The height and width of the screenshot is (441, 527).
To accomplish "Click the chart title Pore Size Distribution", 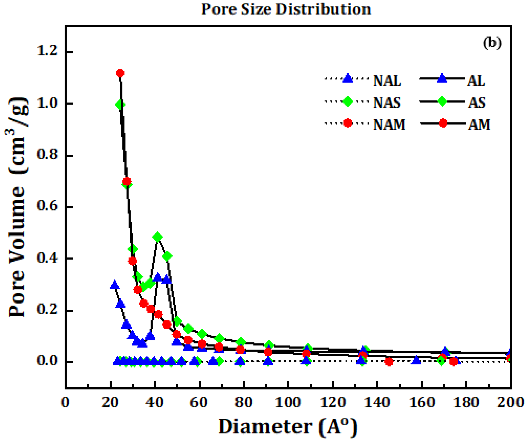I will click(286, 10).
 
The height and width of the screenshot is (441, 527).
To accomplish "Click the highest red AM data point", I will click(120, 73).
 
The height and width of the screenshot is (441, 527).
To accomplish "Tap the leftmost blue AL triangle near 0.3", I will click(114, 285).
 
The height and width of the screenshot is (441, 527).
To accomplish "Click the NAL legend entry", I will click(387, 81).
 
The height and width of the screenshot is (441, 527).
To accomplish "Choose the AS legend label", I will click(477, 103).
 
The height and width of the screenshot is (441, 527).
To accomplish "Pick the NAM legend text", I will click(389, 125).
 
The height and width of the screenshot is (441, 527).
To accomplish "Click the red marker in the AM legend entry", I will click(443, 123).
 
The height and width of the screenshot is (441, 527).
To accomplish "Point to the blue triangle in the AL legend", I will click(442, 79).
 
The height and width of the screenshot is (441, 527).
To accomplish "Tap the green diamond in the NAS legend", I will click(347, 101).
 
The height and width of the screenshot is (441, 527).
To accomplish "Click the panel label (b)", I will click(492, 43).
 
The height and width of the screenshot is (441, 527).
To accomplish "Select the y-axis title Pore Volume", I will click(18, 208).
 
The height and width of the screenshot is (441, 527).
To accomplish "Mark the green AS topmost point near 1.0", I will click(120, 105).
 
